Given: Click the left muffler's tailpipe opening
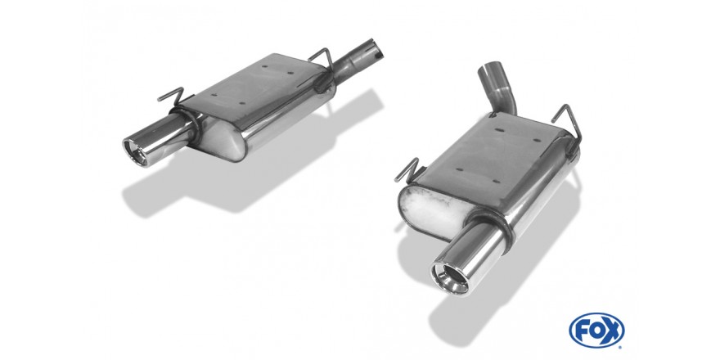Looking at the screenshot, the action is tap(134, 152).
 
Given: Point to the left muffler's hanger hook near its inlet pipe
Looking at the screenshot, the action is tap(322, 57).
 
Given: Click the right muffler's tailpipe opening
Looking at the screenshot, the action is tap(449, 276).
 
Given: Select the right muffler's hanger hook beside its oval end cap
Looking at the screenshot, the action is tap(407, 170).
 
